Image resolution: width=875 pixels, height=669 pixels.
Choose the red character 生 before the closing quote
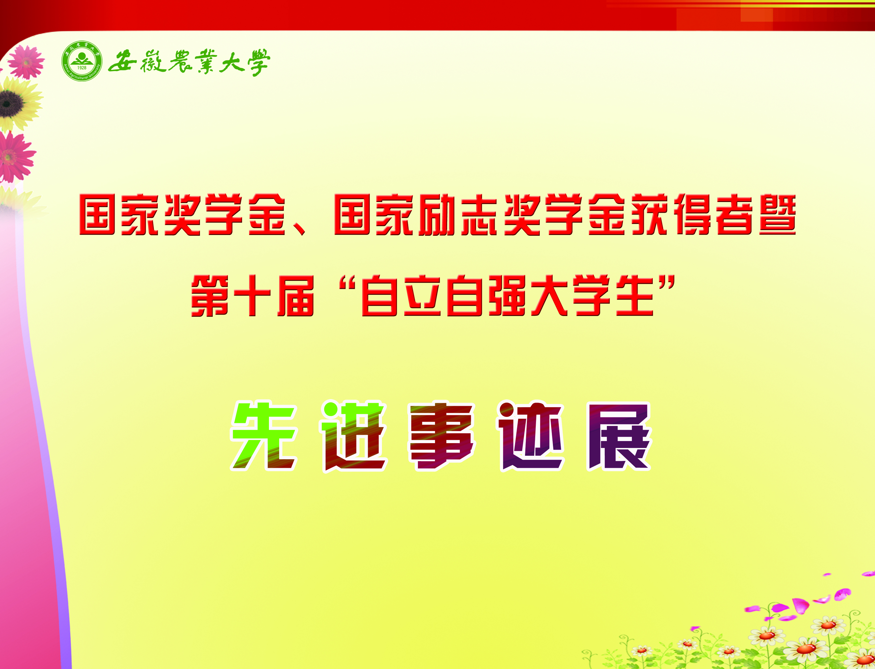click(x=634, y=296)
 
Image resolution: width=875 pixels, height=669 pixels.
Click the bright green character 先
click(x=264, y=436)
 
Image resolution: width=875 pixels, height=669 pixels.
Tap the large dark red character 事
click(x=442, y=436)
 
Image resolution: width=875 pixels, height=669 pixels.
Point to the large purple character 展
click(x=618, y=436)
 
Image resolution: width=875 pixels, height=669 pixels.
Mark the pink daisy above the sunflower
click(x=26, y=62)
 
